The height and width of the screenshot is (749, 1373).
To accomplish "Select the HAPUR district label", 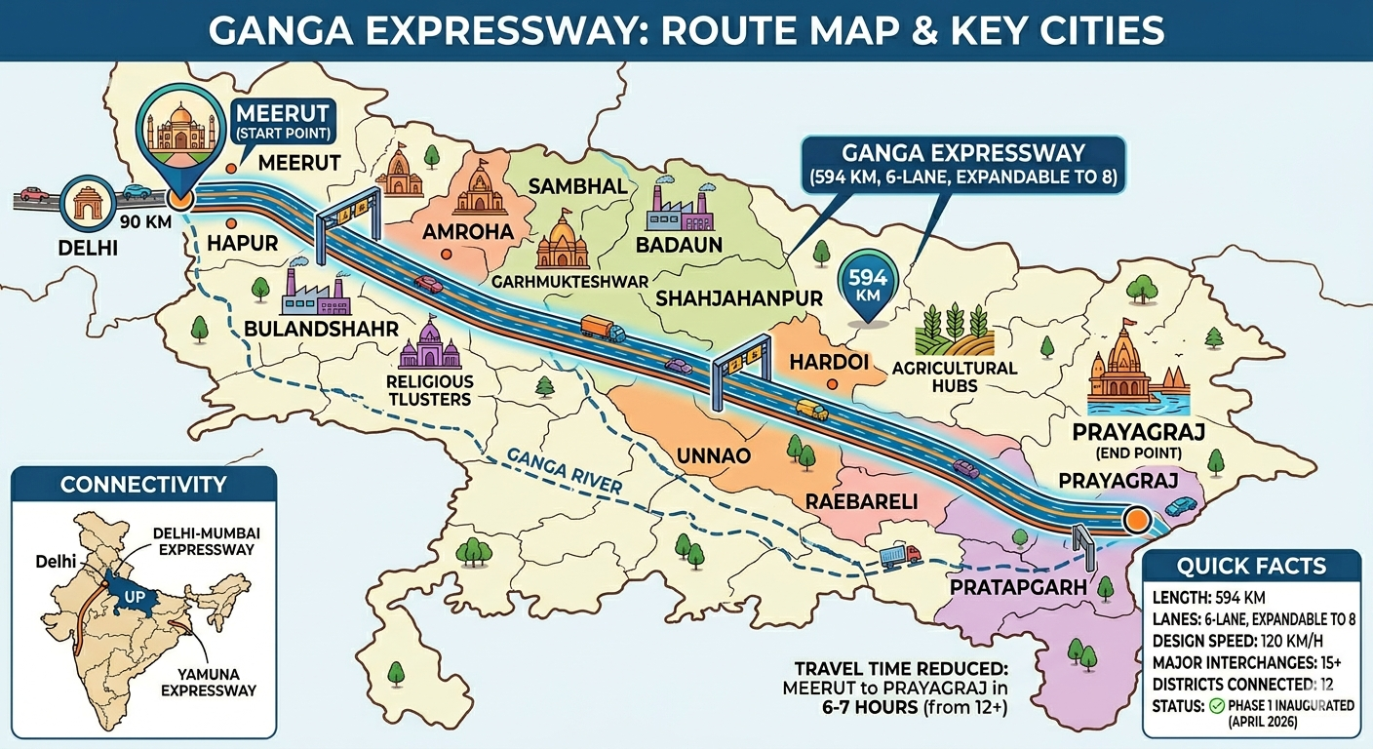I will (x=236, y=242).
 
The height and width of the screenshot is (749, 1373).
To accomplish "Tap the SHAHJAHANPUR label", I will (x=740, y=297).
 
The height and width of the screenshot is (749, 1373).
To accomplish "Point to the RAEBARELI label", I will (x=861, y=501).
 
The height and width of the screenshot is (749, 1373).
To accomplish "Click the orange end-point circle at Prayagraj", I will (x=1133, y=520).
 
